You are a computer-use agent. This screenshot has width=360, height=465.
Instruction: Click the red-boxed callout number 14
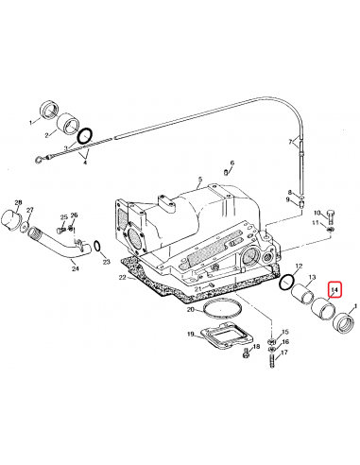(x=334, y=290)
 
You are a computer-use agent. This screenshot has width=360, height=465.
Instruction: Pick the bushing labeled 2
(x=67, y=123)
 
